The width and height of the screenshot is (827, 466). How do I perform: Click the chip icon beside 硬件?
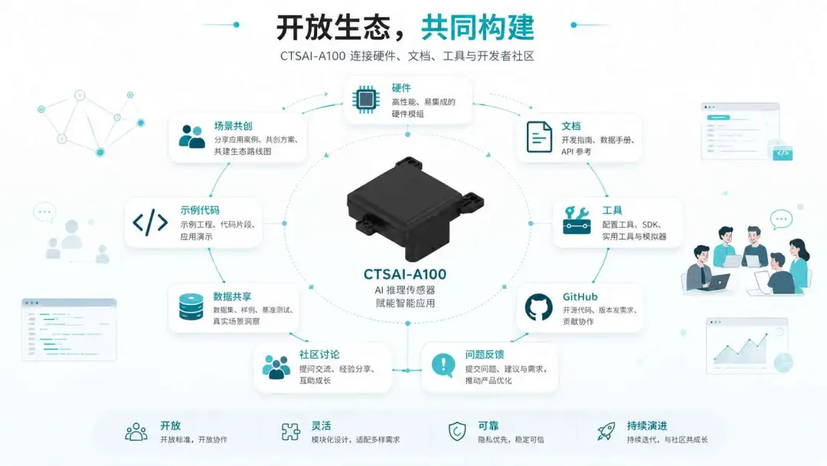365,99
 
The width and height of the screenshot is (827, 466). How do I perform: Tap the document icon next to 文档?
539,137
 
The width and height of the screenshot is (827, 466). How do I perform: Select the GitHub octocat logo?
538,307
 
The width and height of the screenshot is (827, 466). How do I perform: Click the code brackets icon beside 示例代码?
150,222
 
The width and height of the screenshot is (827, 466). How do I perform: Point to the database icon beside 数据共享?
191,307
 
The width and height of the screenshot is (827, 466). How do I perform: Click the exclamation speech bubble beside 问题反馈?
443,365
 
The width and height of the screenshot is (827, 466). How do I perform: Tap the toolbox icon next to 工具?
577,220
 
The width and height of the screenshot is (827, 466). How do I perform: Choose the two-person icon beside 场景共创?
192,136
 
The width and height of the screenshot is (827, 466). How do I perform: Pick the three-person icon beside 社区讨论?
276,367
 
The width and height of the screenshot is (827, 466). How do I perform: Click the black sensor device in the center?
414,208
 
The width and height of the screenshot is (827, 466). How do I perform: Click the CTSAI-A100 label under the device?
405,274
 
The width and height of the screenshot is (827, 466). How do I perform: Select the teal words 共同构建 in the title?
478,28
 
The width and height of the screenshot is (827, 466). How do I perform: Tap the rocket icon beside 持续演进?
606,432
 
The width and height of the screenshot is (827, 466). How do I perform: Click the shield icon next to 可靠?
456,432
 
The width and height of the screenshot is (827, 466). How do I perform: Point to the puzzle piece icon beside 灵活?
291,432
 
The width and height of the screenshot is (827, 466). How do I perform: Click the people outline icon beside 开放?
136,432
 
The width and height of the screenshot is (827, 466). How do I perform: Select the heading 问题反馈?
484,355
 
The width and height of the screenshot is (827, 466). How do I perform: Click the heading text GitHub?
580,297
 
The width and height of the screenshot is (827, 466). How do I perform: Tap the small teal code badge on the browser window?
783,153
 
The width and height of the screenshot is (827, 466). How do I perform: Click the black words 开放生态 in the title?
333,28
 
